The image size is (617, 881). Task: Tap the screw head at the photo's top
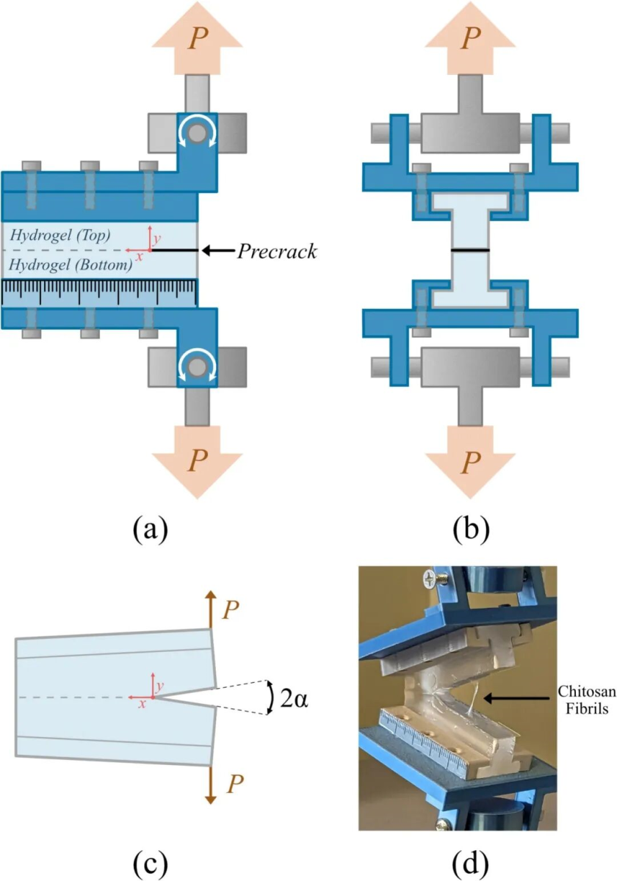coord(428,580)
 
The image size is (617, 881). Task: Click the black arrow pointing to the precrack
coord(217,251)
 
